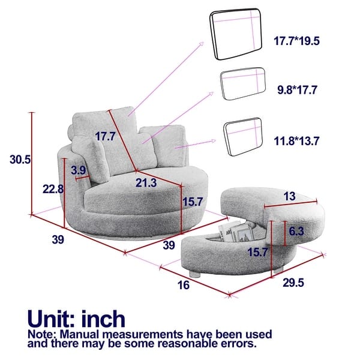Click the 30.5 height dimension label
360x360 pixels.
pos(20,160)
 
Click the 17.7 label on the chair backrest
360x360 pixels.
pos(104,136)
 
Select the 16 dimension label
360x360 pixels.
pos(184,285)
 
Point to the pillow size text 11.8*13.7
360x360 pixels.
pos(297,142)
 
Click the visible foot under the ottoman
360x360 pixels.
pos(194,272)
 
